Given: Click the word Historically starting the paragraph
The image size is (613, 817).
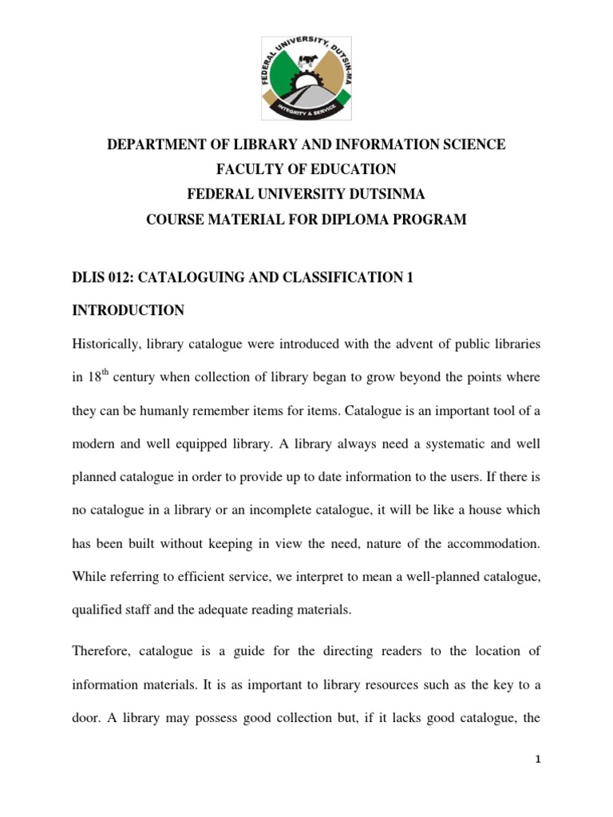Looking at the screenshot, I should pyautogui.click(x=111, y=343).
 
